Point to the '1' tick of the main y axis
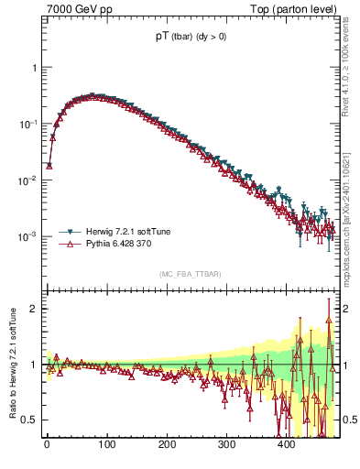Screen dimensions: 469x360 (x=33, y=68)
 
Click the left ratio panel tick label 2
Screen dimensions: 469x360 (x=33, y=309)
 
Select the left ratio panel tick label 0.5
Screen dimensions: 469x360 (x=29, y=420)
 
